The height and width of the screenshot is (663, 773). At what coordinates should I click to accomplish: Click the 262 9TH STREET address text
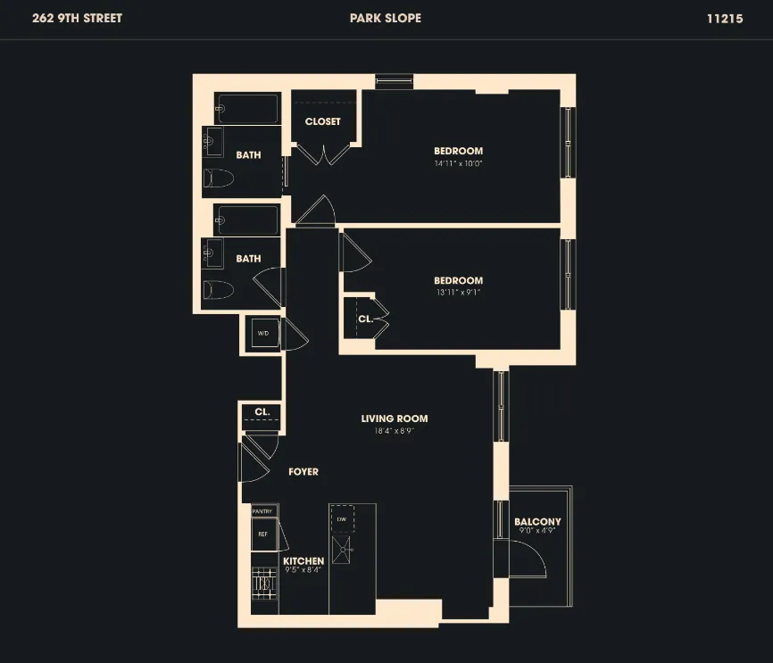(x=77, y=18)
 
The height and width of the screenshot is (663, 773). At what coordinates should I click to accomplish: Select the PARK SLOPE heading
(x=386, y=18)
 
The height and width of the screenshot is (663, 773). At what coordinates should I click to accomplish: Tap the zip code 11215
(x=724, y=18)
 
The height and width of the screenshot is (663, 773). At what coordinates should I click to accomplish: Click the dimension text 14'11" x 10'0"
(x=458, y=163)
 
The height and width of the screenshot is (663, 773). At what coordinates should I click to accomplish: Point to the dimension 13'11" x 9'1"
(x=458, y=293)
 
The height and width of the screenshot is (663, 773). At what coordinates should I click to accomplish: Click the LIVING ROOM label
(x=394, y=419)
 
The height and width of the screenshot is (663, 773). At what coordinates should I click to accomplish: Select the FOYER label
(x=303, y=472)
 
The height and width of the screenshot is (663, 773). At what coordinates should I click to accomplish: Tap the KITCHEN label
(x=303, y=561)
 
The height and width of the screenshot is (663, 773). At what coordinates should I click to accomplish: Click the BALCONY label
(x=537, y=522)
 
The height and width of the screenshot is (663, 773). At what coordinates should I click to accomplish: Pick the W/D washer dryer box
(x=263, y=333)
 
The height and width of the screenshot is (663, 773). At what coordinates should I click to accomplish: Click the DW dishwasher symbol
(x=342, y=518)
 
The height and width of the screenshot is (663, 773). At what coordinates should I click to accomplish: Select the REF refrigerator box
(x=263, y=534)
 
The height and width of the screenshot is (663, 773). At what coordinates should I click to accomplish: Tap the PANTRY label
(x=262, y=511)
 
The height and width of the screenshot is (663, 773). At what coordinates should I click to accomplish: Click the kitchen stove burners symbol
(x=263, y=584)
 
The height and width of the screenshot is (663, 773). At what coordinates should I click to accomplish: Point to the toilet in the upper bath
(x=218, y=178)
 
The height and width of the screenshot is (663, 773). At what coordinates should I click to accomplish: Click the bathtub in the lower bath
(x=249, y=220)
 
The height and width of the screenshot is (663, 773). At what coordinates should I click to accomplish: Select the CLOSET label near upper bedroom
(x=322, y=121)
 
